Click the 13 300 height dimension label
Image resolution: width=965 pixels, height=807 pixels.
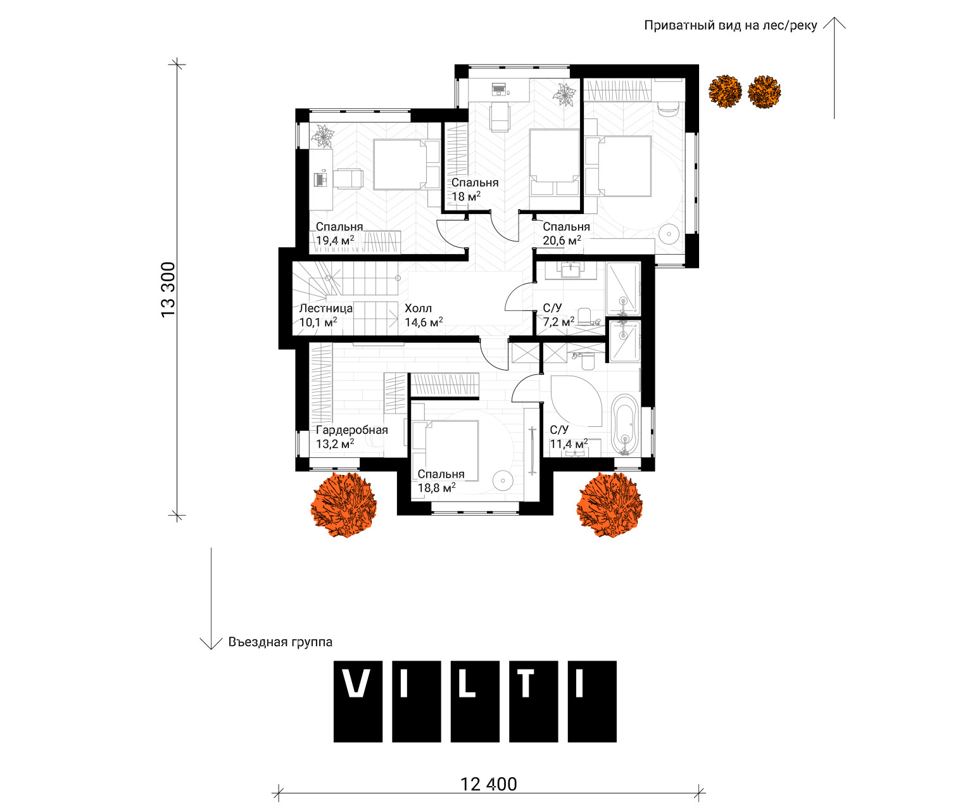(x=168, y=289)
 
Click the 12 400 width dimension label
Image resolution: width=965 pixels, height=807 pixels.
(x=488, y=784)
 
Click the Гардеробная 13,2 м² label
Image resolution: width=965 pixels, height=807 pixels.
(x=351, y=437)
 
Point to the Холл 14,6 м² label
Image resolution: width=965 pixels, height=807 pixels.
(x=424, y=315)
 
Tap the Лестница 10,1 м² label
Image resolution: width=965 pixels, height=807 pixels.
(x=326, y=315)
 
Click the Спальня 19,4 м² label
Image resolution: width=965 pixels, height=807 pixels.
(x=339, y=234)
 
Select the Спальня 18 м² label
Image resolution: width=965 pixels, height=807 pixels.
(x=475, y=189)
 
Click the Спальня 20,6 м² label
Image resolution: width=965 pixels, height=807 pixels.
(x=566, y=234)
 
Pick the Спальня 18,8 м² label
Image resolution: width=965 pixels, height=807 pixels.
(x=441, y=481)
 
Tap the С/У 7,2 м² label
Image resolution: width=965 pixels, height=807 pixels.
(x=558, y=315)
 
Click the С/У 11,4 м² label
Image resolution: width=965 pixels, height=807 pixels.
(x=569, y=437)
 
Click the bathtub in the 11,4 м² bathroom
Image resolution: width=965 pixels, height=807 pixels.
(x=624, y=424)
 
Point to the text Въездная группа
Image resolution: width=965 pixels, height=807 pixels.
(x=280, y=642)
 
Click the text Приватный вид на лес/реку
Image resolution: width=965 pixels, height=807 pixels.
(x=731, y=25)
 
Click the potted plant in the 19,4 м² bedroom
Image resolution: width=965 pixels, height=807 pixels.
(x=322, y=136)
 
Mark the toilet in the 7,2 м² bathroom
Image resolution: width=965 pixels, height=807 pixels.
(x=584, y=316)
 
